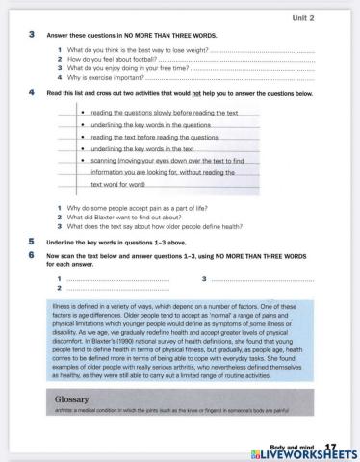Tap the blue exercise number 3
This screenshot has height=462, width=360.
coord(32,34)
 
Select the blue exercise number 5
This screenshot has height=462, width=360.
coord(32,241)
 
